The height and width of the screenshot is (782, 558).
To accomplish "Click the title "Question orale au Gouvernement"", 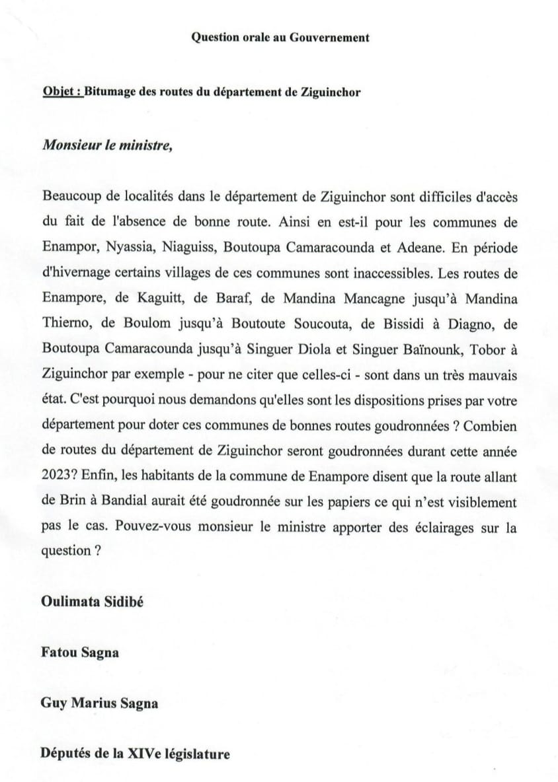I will pyautogui.click(x=280, y=38).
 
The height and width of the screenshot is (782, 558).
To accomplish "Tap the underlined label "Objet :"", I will pyautogui.click(x=63, y=92).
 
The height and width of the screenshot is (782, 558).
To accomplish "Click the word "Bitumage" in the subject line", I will pyautogui.click(x=111, y=92).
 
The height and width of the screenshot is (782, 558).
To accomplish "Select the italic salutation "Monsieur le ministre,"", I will pyautogui.click(x=107, y=145).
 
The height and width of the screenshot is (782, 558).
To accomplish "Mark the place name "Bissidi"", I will pyautogui.click(x=423, y=324).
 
